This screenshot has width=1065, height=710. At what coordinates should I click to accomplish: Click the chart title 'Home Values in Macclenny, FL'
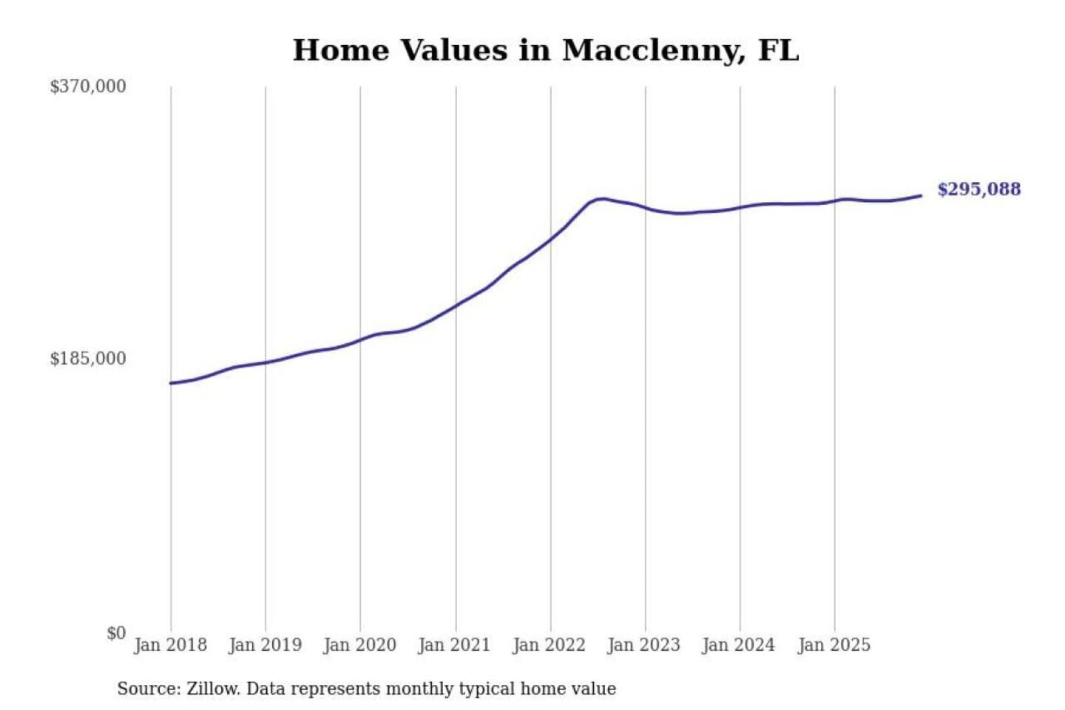pos(546,50)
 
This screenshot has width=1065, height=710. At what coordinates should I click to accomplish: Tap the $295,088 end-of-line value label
pos(978,189)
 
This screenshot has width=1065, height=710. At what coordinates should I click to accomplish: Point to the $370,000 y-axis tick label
pos(88,87)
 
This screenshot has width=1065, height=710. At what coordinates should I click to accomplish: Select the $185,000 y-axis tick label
pos(88,359)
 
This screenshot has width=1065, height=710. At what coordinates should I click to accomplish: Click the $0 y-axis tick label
pos(116,633)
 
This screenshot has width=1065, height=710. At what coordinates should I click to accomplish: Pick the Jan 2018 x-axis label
pos(170,645)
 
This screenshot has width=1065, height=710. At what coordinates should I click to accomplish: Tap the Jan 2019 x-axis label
pos(265,645)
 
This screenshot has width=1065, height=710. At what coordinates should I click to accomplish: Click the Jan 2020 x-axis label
pos(359,645)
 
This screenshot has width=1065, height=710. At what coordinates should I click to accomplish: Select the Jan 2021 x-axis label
pos(454,645)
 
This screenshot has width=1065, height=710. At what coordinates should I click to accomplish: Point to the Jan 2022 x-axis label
pos(549,645)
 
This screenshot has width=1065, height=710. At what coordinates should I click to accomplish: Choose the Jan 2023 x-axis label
pos(643,645)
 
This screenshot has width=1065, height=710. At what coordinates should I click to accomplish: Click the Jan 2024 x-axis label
pos(738,645)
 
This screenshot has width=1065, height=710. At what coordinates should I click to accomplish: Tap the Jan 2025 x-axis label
pos(834,645)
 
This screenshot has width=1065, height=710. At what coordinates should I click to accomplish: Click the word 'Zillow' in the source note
pos(212,689)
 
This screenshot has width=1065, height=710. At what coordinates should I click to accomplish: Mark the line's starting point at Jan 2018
pos(171,383)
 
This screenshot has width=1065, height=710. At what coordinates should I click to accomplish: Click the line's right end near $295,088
pos(921,196)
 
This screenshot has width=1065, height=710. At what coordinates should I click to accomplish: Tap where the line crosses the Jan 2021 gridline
pos(456,305)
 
